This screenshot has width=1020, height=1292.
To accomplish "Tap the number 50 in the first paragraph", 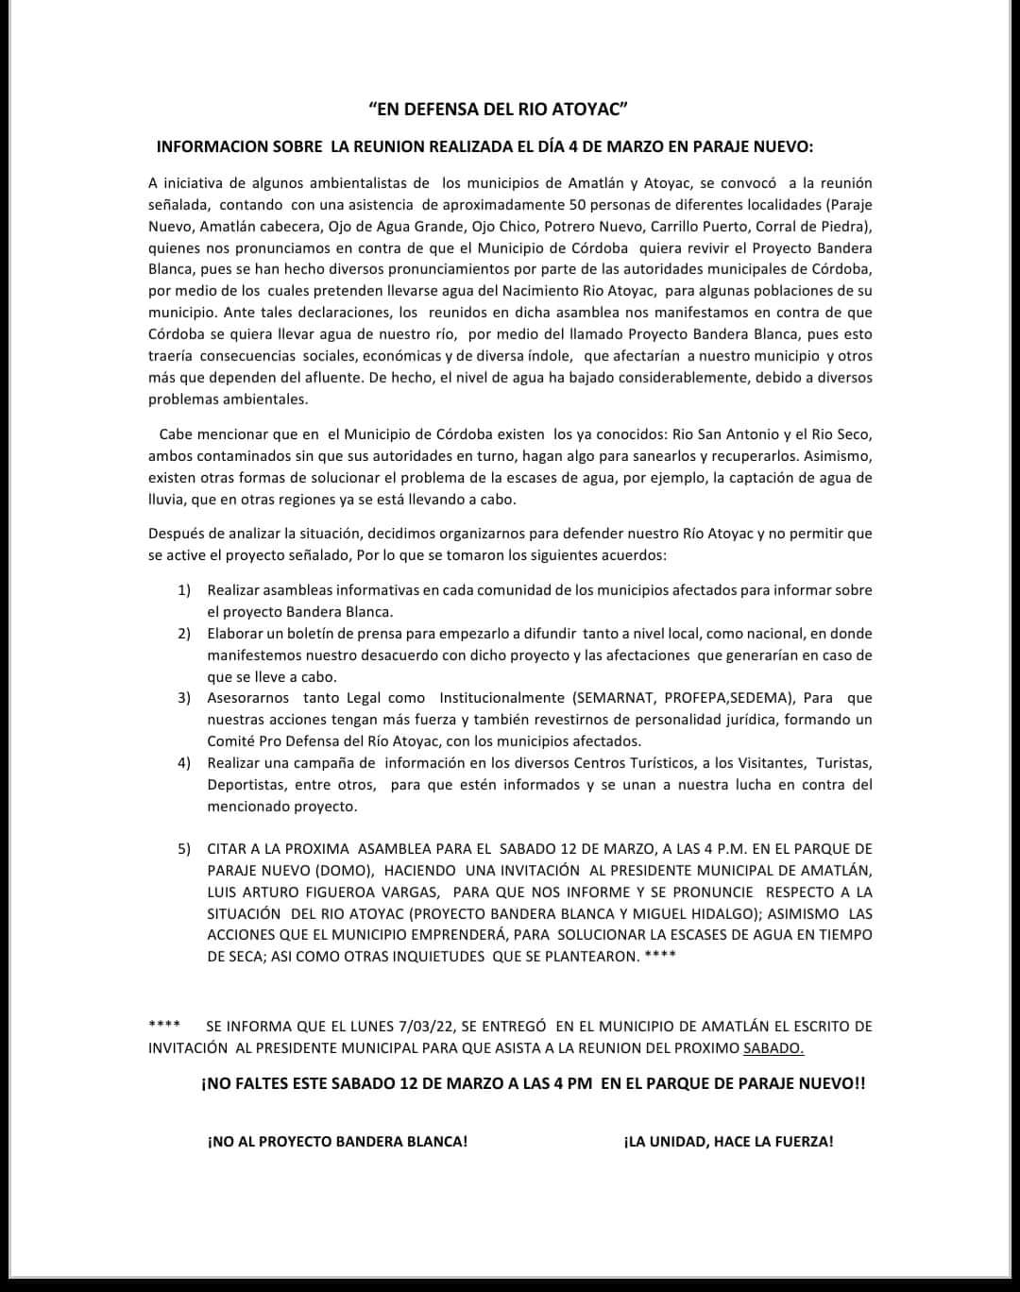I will point(579,204).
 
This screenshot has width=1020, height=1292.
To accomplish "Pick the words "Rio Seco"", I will point(843,434).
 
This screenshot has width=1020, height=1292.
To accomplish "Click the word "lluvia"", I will point(167,499).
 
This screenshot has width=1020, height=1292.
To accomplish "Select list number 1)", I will point(184,590).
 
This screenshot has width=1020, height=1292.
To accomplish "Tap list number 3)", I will point(184,698).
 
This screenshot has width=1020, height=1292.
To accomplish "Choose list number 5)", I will point(184,849).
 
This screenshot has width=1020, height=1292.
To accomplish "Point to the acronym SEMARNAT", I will point(613,698).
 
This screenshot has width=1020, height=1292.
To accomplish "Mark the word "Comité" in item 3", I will point(229,741).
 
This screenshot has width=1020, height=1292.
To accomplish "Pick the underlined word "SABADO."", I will point(773,1047).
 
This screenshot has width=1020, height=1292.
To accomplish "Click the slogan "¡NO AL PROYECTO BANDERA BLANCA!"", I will point(337,1141).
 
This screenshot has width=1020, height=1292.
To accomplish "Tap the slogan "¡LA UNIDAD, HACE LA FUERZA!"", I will point(728,1141).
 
